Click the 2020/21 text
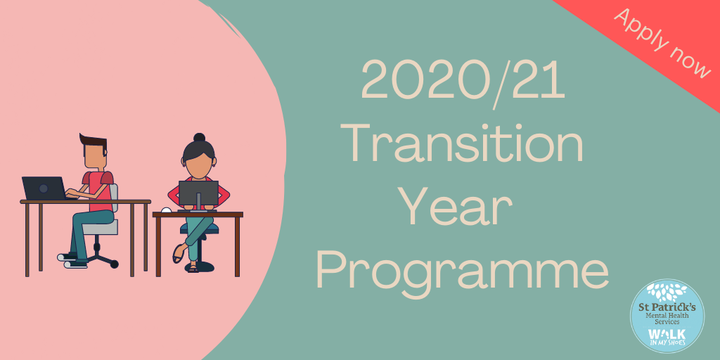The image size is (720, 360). (463, 82)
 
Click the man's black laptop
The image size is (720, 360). (44, 188)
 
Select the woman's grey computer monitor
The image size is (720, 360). (198, 194)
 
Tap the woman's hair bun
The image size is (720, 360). (199, 137)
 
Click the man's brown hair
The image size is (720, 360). (94, 141)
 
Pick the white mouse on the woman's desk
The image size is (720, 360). (166, 210)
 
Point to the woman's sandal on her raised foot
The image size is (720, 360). (178, 254)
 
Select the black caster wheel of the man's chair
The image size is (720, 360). (114, 264)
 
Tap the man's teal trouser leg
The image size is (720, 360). (87, 232)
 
